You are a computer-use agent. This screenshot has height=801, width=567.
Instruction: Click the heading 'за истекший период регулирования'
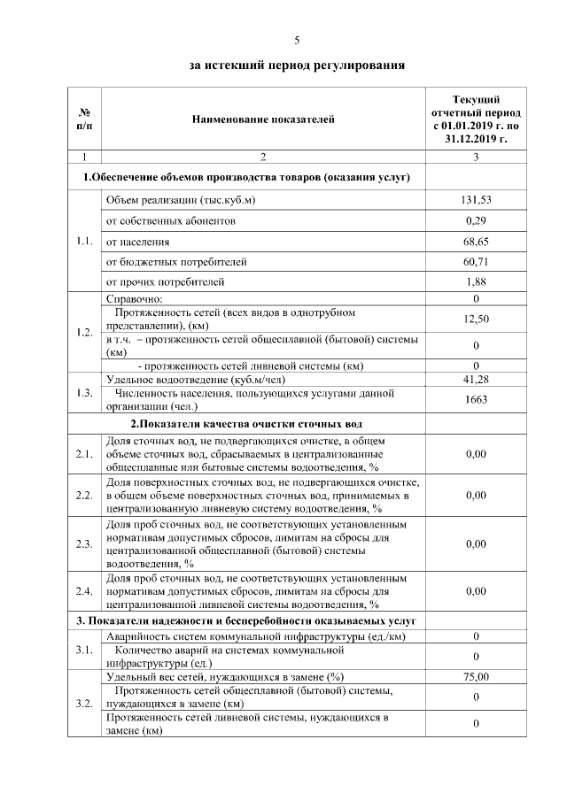[297, 65]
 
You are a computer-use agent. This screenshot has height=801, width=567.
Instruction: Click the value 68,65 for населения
[476, 241]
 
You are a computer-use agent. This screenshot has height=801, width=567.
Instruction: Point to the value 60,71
[476, 262]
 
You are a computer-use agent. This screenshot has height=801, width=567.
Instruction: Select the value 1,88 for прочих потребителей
[476, 282]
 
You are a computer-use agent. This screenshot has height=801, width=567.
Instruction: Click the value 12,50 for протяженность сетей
[476, 319]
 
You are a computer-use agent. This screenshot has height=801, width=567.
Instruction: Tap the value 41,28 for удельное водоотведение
[476, 380]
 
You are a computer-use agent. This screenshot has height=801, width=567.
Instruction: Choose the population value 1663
[476, 399]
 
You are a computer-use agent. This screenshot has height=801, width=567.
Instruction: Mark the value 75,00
[476, 677]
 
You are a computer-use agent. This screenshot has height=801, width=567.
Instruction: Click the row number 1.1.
[86, 240]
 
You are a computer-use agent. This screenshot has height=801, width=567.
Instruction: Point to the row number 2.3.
[86, 544]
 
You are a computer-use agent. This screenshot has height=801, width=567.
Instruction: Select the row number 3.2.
[86, 705]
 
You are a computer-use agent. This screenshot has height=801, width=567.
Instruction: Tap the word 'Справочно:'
[135, 299]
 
